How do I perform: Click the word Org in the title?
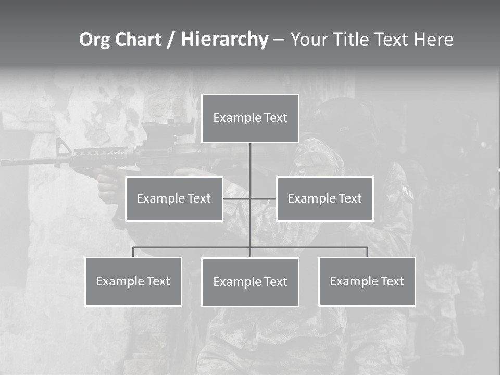94,40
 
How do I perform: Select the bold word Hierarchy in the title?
224,40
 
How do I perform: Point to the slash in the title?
171,40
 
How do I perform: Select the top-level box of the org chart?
250,118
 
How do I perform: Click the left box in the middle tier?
174,198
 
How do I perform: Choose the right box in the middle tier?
325,198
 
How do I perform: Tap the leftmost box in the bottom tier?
133,281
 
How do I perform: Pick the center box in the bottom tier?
250,282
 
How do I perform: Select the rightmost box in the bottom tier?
367,281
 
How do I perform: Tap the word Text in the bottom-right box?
392,281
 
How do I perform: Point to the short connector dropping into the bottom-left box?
133,252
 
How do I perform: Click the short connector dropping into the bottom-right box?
367,252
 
